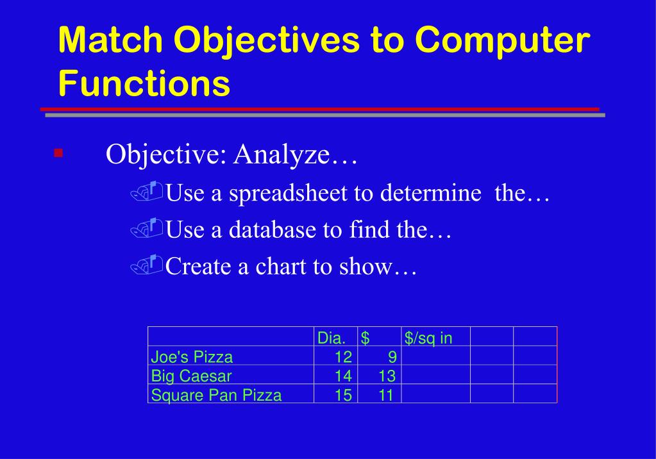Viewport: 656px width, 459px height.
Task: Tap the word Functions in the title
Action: tap(144, 83)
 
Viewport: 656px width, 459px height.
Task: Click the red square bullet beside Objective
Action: tap(58, 153)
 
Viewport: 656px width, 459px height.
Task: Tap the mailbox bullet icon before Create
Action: tap(146, 263)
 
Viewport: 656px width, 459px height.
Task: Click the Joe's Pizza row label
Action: tap(192, 357)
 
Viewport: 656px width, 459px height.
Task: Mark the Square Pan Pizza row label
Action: tap(216, 395)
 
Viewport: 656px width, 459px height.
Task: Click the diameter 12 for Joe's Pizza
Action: tap(343, 357)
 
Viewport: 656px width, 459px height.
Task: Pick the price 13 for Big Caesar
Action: tap(387, 376)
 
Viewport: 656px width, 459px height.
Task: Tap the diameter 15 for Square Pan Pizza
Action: tap(343, 395)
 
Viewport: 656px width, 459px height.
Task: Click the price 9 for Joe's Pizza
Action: tap(392, 357)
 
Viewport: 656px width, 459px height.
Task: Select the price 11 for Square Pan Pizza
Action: tap(386, 395)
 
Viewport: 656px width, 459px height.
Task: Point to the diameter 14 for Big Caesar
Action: tap(343, 376)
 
